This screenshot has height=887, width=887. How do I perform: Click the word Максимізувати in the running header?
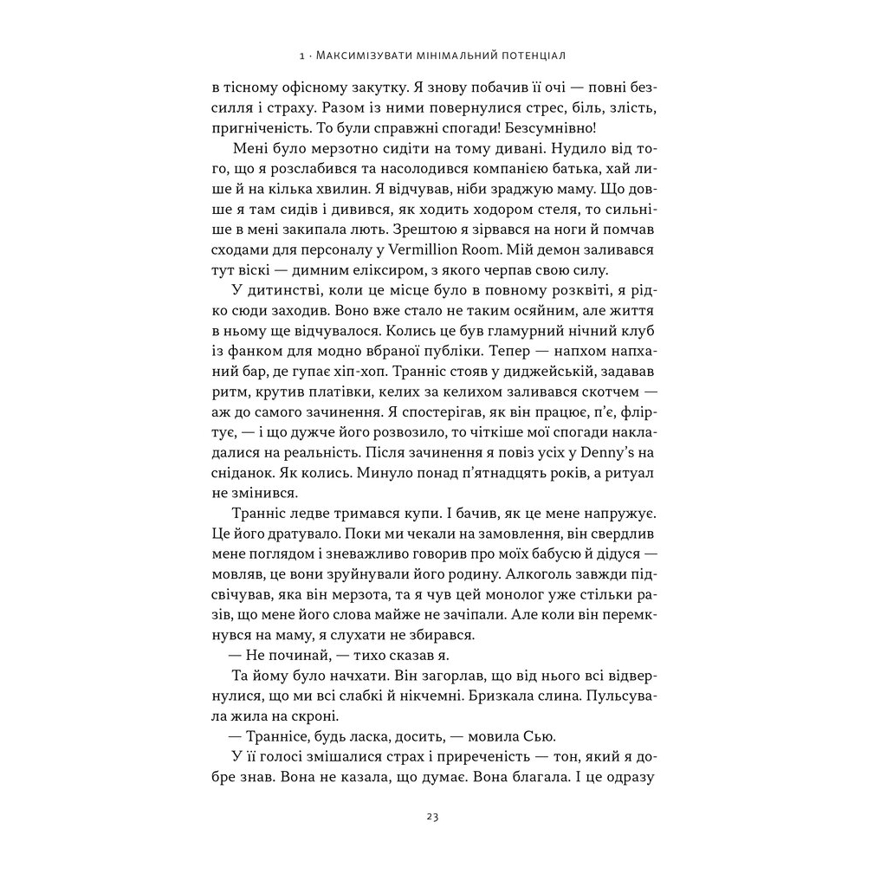359,56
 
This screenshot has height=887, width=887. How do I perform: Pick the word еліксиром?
375,269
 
